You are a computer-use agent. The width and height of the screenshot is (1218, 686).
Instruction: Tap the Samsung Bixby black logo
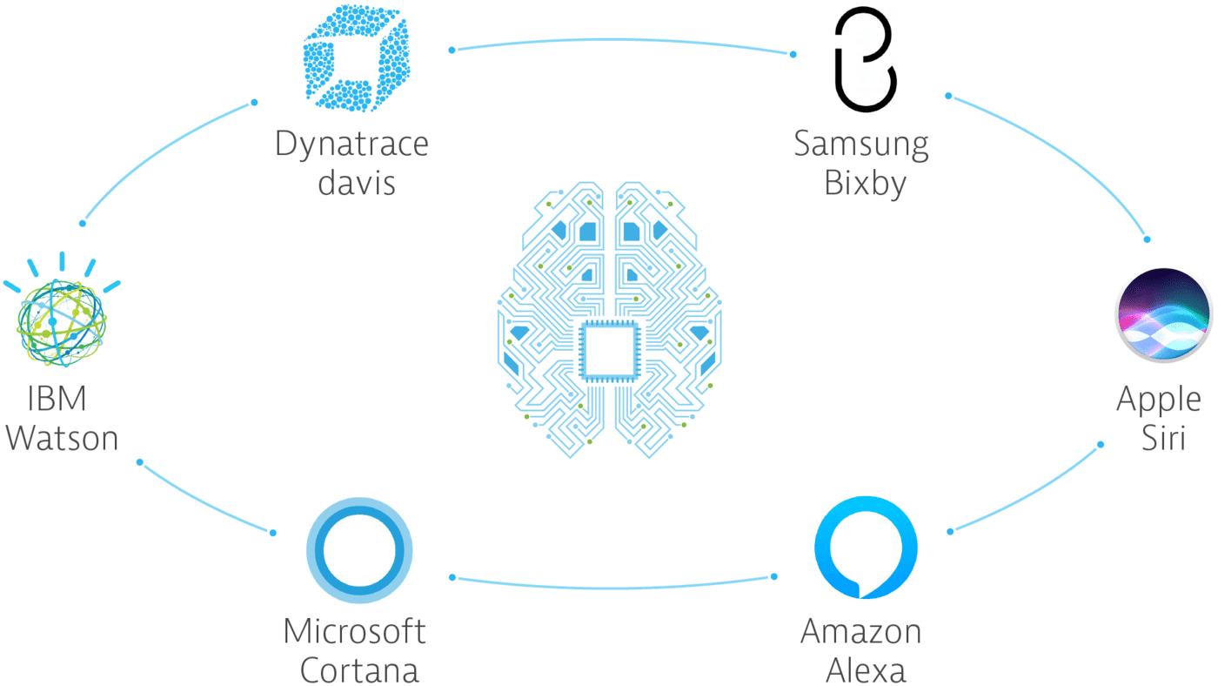[863, 59]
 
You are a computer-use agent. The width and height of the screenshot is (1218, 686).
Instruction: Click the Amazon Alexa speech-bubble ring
[866, 547]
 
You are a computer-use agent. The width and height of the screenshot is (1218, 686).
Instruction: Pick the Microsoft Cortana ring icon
[359, 550]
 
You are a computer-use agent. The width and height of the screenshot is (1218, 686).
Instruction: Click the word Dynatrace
[351, 144]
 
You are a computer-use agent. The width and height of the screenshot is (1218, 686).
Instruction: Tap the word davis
[357, 183]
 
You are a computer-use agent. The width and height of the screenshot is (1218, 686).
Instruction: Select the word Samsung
[861, 144]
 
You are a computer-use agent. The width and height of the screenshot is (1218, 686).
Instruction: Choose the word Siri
[1163, 438]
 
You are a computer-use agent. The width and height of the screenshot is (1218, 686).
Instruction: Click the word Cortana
[359, 670]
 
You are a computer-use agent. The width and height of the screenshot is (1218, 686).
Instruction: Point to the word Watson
[62, 438]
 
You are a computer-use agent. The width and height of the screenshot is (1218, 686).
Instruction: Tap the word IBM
[57, 399]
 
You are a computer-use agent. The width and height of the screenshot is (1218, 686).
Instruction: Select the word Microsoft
[355, 631]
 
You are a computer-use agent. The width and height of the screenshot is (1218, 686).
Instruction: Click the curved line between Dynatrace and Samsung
[622, 40]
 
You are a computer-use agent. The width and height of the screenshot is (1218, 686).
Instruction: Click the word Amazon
[861, 631]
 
